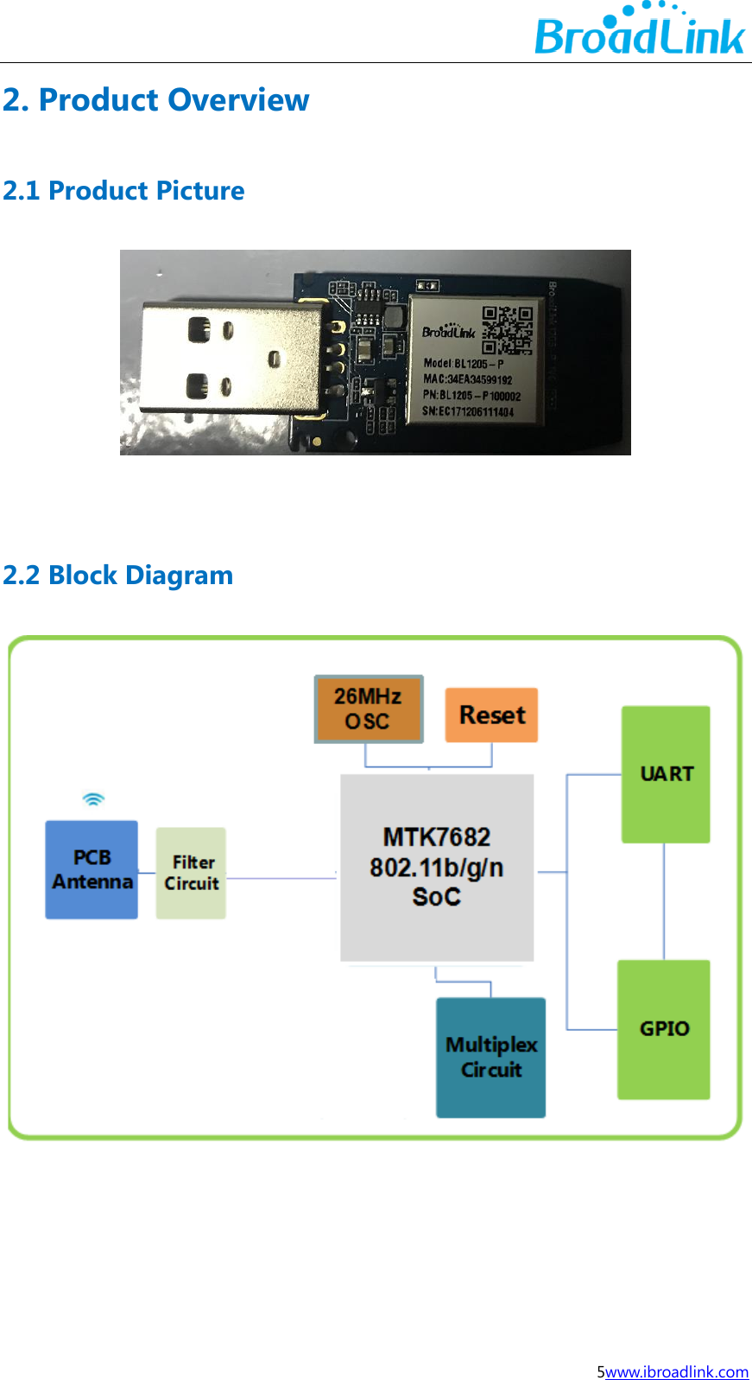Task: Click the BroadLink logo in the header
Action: pyautogui.click(x=639, y=32)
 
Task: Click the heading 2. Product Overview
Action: pyautogui.click(x=155, y=100)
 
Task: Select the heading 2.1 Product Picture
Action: pyautogui.click(x=123, y=191)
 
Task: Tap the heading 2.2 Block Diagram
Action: pyautogui.click(x=118, y=576)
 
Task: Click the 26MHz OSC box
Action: pyautogui.click(x=369, y=709)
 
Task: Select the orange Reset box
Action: pyautogui.click(x=491, y=715)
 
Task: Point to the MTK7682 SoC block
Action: pyautogui.click(x=437, y=868)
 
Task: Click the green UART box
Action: pyautogui.click(x=666, y=774)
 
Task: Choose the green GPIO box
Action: pyautogui.click(x=664, y=1029)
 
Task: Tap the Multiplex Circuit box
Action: pyautogui.click(x=490, y=1058)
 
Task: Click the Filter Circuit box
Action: pyautogui.click(x=191, y=873)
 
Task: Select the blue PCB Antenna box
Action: pyautogui.click(x=92, y=869)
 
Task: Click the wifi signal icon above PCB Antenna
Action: pyautogui.click(x=93, y=799)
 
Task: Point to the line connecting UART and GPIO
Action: pyautogui.click(x=664, y=901)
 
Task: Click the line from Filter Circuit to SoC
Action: pyautogui.click(x=281, y=878)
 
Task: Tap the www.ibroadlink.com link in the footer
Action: pyautogui.click(x=676, y=1371)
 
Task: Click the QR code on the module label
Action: pyautogui.click(x=507, y=330)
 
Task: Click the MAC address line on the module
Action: pyautogui.click(x=467, y=379)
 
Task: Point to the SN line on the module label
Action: pyautogui.click(x=467, y=412)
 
